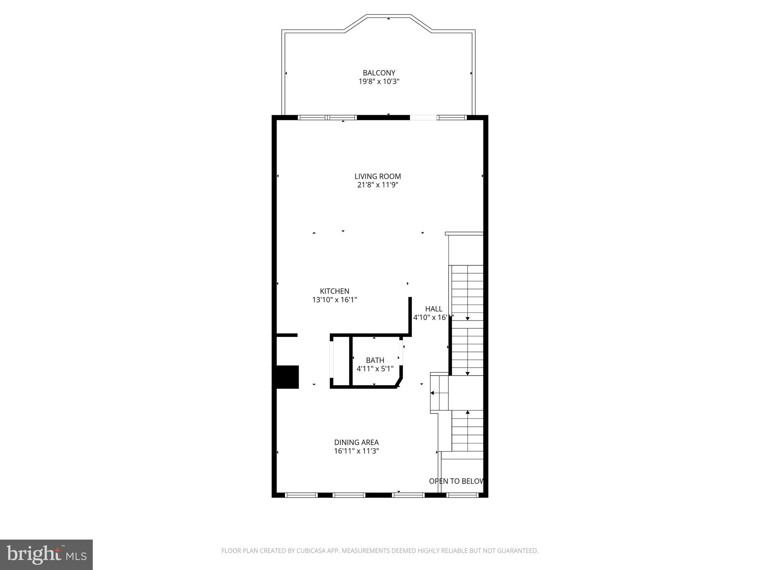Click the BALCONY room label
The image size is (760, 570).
click(x=379, y=73)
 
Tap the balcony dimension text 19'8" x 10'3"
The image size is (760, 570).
click(x=379, y=82)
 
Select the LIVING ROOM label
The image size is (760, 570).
click(x=378, y=176)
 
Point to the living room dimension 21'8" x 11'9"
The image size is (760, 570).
click(x=378, y=185)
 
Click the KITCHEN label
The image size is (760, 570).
click(x=334, y=291)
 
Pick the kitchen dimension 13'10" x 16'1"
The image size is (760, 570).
click(x=334, y=300)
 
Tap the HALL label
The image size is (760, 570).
click(x=433, y=309)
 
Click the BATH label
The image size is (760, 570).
click(x=375, y=360)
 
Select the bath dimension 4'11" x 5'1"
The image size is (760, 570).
click(x=375, y=369)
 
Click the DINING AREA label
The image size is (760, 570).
click(x=356, y=442)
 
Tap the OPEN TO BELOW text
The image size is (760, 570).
click(x=456, y=481)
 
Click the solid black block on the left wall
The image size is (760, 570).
click(x=286, y=377)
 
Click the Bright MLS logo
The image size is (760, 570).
click(x=46, y=554)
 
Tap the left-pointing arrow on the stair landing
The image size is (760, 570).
click(x=433, y=393)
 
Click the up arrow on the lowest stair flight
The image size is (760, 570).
click(x=468, y=412)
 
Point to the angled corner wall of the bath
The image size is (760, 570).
click(x=400, y=382)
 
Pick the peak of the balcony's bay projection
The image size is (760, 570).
click(x=389, y=16)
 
